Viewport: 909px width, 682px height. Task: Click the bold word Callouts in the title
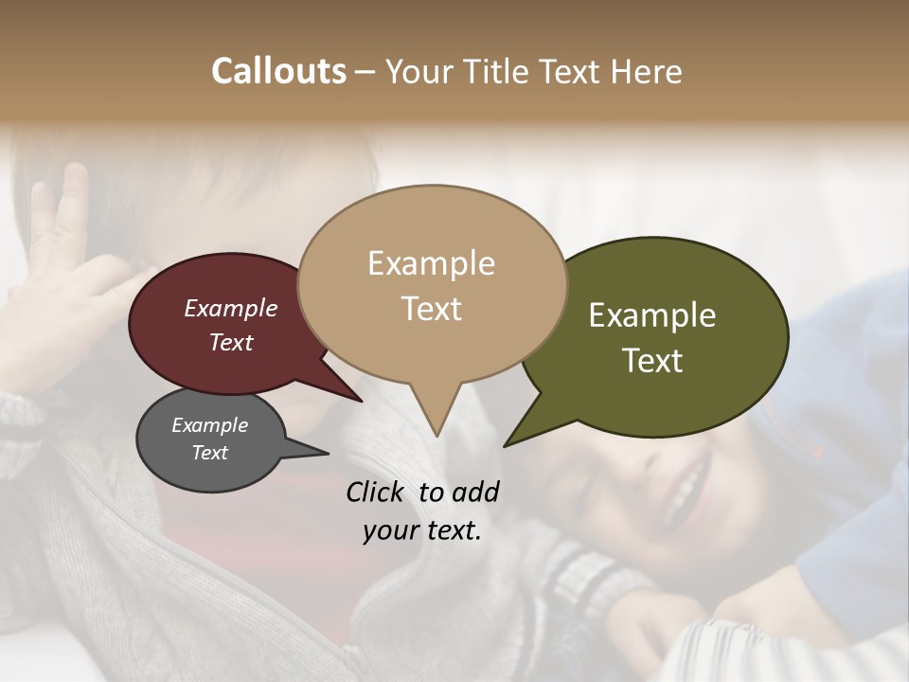[278, 71]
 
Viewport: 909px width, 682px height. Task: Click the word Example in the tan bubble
[431, 263]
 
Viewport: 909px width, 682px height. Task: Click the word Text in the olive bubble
[652, 361]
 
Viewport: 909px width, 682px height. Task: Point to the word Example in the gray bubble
[210, 425]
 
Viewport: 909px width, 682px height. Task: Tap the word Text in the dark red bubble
[231, 342]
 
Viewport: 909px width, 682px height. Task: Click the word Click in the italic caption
[376, 492]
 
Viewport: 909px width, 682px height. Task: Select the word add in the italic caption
[475, 492]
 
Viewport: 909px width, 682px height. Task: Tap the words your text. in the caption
[422, 530]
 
